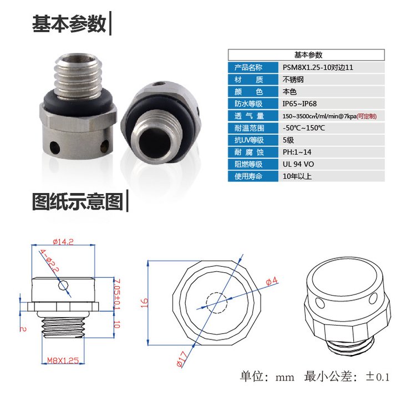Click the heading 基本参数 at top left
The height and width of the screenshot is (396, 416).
(69, 24)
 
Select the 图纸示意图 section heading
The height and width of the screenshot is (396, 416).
(78, 201)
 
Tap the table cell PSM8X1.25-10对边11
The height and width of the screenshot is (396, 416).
(318, 67)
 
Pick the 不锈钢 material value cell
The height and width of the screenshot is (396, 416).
(293, 79)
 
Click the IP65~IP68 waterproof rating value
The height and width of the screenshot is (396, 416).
(300, 104)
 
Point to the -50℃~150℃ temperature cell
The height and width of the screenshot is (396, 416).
(304, 128)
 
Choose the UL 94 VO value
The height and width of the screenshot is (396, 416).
(298, 164)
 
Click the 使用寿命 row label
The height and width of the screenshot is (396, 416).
(248, 176)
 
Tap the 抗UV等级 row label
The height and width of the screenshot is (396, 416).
(249, 140)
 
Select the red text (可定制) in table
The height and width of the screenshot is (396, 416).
(367, 116)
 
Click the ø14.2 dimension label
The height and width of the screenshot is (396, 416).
(63, 242)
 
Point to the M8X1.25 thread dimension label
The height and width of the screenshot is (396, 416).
(63, 360)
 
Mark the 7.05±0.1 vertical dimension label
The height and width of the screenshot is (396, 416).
(116, 294)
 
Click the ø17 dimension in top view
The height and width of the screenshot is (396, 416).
(182, 359)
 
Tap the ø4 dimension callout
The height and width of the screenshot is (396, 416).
(272, 281)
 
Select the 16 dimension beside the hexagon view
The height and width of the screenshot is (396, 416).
(144, 303)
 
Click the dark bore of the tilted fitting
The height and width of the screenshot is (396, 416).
(153, 140)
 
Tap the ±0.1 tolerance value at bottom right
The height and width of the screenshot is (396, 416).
(377, 377)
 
